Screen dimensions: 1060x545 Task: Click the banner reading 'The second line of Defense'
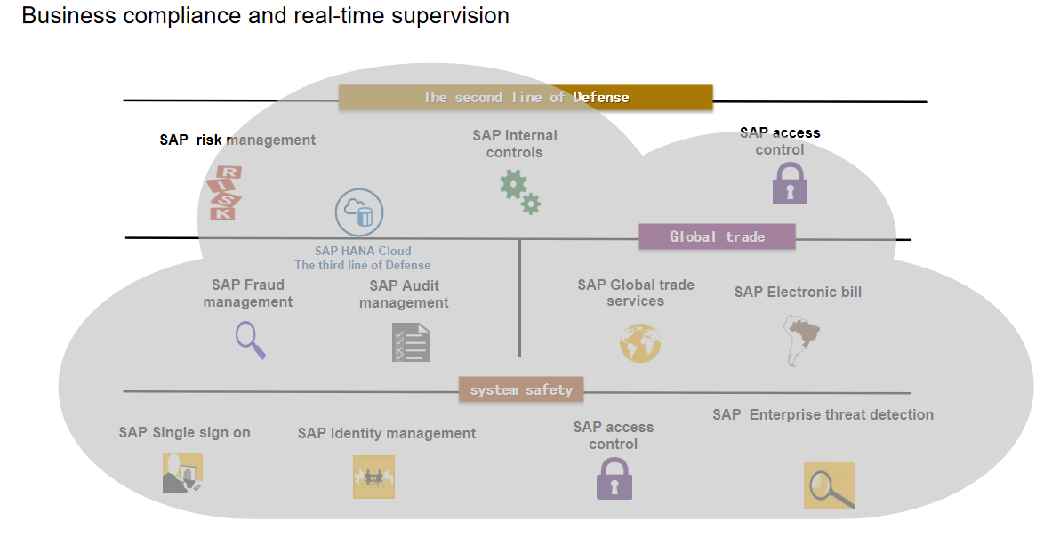click(x=526, y=98)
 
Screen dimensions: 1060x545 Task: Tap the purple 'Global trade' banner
click(x=717, y=236)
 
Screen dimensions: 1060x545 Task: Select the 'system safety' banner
click(x=520, y=389)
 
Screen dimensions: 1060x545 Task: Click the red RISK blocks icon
click(x=224, y=193)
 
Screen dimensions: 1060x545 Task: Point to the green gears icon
click(x=520, y=192)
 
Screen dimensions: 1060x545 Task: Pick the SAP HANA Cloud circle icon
click(x=359, y=212)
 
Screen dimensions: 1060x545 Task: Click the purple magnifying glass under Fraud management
click(x=250, y=341)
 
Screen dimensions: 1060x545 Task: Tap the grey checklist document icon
click(x=411, y=342)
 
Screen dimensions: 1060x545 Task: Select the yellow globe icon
click(x=639, y=343)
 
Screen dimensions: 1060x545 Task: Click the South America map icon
click(x=801, y=341)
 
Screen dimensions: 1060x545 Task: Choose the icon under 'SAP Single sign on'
click(x=182, y=473)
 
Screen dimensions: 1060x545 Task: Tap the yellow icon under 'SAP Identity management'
click(x=373, y=477)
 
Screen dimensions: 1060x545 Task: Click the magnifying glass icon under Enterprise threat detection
click(x=830, y=485)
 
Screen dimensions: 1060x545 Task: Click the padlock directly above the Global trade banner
click(x=791, y=183)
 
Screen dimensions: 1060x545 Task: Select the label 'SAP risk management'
click(x=237, y=140)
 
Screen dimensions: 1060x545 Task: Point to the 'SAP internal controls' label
click(x=515, y=144)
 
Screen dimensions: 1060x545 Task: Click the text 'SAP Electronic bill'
click(x=798, y=293)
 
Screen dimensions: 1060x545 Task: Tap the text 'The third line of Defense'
click(x=362, y=265)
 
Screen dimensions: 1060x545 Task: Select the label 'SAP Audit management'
click(x=404, y=294)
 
